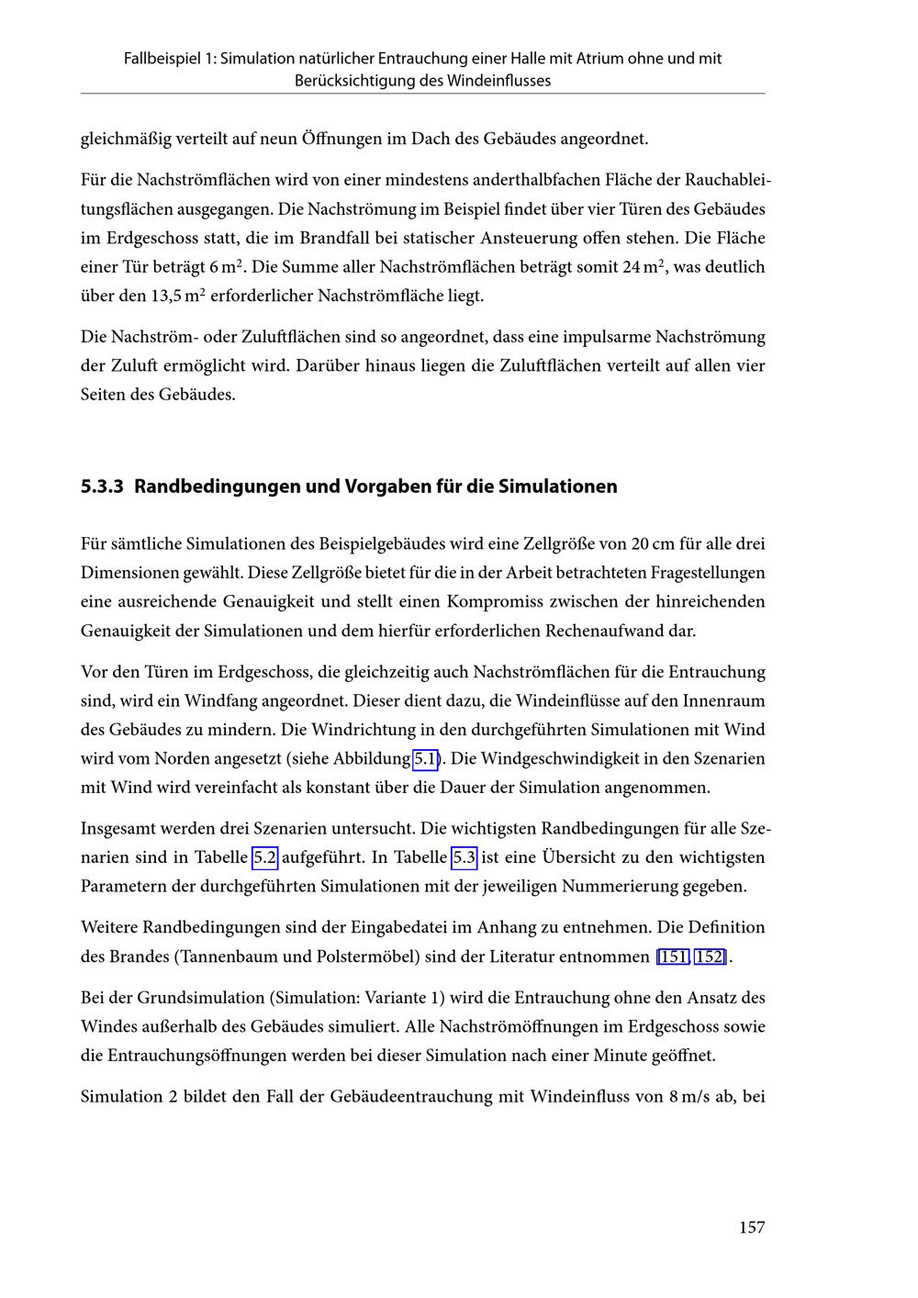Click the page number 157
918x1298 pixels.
(751, 1227)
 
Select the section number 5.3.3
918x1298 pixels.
(102, 487)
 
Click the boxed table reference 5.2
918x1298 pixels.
(264, 857)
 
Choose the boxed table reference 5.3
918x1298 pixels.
(464, 857)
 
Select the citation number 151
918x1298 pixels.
(673, 957)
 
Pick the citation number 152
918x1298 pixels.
(709, 957)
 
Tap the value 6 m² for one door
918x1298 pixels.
(228, 267)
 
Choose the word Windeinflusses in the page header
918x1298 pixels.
(499, 81)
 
